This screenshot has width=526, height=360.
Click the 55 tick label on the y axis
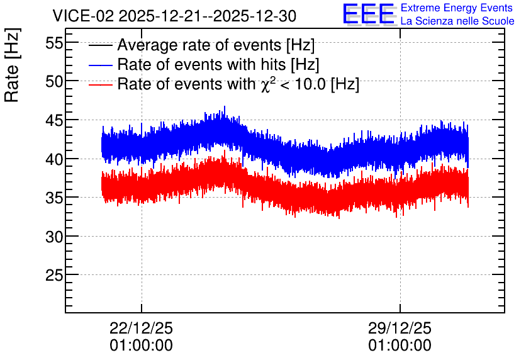(54, 43)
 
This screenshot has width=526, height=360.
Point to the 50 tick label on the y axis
(54, 82)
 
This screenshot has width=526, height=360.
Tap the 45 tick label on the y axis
(54, 120)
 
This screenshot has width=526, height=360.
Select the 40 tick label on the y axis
(54, 159)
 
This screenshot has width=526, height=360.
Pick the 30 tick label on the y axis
(54, 237)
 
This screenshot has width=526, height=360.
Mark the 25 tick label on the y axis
(54, 276)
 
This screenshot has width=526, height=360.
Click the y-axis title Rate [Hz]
(12, 65)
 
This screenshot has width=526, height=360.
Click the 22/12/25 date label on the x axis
(141, 328)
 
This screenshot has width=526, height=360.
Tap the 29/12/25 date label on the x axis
(400, 328)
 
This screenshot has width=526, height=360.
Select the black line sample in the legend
(100, 45)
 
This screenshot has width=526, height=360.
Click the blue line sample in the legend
(100, 65)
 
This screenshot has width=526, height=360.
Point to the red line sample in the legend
(100, 84)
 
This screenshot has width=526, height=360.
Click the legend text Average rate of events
(199, 45)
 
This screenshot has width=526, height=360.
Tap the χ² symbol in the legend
(266, 84)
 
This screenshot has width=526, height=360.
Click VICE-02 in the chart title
(84, 16)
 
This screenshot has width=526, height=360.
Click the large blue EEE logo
(369, 14)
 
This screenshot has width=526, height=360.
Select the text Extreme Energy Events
(457, 8)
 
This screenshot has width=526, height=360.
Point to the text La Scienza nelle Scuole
(457, 21)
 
